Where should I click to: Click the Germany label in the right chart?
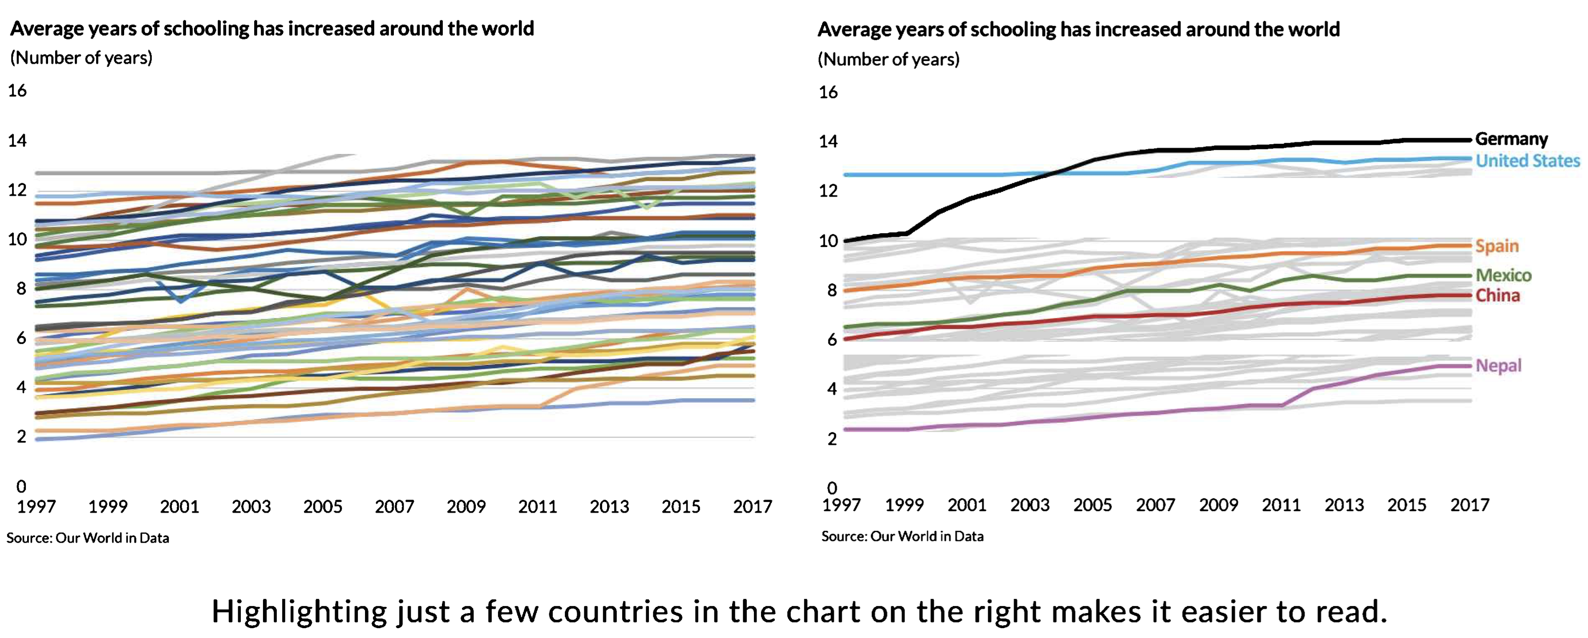[1511, 139]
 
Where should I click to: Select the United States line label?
[1527, 161]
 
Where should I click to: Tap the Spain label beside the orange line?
[1497, 246]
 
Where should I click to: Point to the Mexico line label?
[1503, 275]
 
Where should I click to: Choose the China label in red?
[1497, 295]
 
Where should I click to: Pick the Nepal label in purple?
[1498, 366]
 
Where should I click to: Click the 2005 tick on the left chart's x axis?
[322, 507]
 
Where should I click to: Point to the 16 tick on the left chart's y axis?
[17, 91]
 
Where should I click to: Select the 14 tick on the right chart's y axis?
[828, 142]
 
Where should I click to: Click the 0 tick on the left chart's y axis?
[21, 486]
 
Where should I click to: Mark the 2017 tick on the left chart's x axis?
[752, 507]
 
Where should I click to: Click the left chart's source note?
[88, 538]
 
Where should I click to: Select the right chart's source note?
[902, 536]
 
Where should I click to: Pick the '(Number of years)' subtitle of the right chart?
[888, 59]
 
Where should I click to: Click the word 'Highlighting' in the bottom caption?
[300, 612]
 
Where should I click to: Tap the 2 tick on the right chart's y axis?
[831, 439]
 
